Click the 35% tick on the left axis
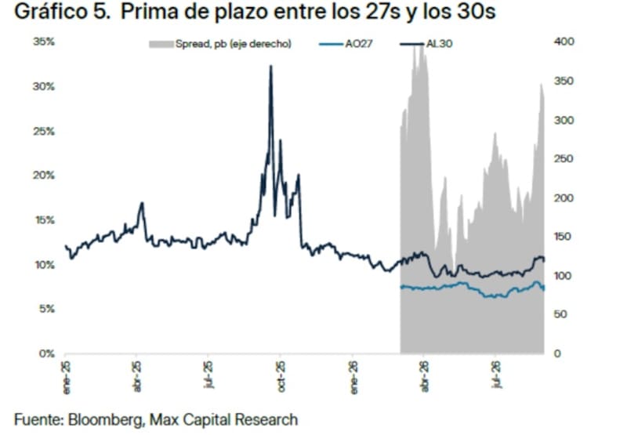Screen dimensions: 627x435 (x=44, y=42)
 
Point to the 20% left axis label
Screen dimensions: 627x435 (x=44, y=176)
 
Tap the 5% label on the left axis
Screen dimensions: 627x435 (x=46, y=309)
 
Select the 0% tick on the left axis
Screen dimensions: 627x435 (x=46, y=353)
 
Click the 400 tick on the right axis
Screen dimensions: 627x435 (x=564, y=42)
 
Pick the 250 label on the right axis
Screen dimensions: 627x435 (x=564, y=159)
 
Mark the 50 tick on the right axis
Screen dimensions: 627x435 (x=560, y=314)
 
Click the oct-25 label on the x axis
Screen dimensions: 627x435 (x=281, y=377)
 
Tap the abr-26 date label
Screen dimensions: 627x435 (x=425, y=377)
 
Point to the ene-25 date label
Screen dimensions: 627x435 (x=67, y=378)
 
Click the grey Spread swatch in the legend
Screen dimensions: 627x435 (x=161, y=44)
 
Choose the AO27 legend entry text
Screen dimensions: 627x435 (x=359, y=44)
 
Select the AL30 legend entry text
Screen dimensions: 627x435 (x=439, y=44)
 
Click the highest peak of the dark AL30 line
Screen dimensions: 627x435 (x=270, y=66)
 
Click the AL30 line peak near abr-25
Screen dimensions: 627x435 (x=142, y=203)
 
